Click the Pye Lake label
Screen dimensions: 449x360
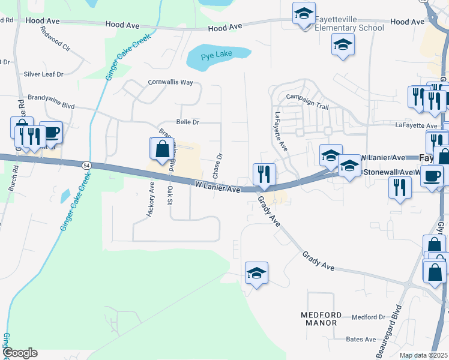coord(215,55)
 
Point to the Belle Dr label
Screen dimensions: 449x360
coord(187,122)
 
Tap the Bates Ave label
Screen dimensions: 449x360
coord(361,340)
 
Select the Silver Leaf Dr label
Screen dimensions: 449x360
coord(43,74)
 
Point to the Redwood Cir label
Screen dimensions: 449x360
coord(55,47)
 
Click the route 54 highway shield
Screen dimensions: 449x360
coord(87,165)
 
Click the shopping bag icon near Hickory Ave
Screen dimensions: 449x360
coord(162,148)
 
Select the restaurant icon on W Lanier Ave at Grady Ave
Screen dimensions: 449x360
coord(264,175)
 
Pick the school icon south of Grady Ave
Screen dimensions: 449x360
coord(256,273)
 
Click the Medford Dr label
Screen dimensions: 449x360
coord(368,317)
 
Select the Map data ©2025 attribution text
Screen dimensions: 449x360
coord(423,355)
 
